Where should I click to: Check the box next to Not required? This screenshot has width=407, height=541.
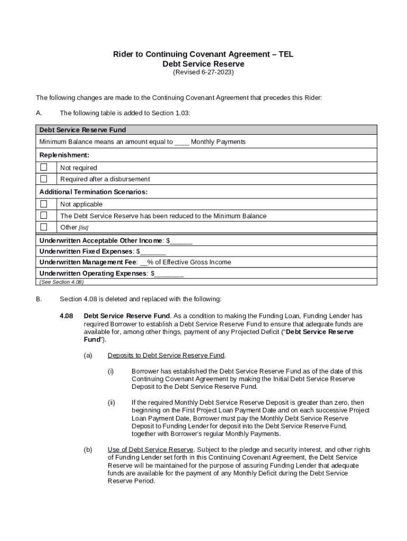(x=44, y=167)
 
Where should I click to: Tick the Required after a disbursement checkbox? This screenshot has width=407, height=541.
(x=44, y=179)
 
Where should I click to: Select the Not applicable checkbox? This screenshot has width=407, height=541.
(x=44, y=204)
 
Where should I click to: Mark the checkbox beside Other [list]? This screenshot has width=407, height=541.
(x=44, y=227)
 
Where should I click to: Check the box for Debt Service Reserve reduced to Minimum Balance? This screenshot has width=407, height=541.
(x=44, y=216)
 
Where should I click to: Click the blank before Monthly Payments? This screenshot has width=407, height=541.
(x=181, y=142)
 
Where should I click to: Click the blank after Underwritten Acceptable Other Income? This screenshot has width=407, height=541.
(x=181, y=241)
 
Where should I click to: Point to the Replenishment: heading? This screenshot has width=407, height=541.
(x=64, y=155)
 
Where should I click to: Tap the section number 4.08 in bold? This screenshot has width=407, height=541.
(x=66, y=316)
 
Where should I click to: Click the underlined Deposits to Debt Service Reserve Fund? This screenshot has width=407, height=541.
(x=166, y=356)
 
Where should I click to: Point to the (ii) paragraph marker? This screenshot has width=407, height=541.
(x=111, y=403)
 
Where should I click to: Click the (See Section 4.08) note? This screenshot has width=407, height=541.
(x=61, y=282)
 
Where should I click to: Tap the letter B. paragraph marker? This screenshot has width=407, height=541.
(x=39, y=300)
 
